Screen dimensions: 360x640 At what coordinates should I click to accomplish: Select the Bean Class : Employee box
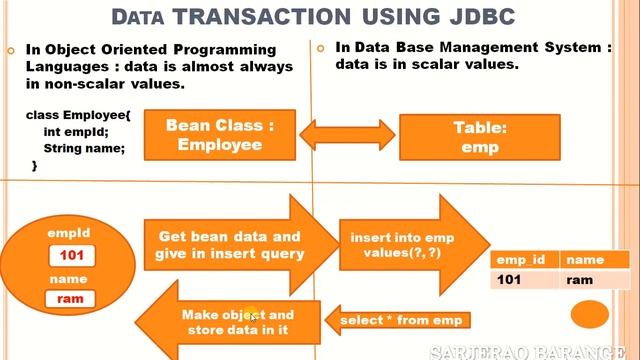tap(219, 135)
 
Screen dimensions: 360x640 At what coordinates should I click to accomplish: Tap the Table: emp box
tap(480, 138)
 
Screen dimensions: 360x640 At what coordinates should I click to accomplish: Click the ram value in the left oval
tap(69, 298)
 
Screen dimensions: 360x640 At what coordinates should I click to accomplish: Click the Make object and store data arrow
tap(235, 320)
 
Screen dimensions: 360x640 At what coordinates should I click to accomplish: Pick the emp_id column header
tap(523, 260)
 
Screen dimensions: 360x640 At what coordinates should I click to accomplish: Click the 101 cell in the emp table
tap(511, 280)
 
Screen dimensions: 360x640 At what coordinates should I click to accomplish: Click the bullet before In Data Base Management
tap(321, 48)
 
